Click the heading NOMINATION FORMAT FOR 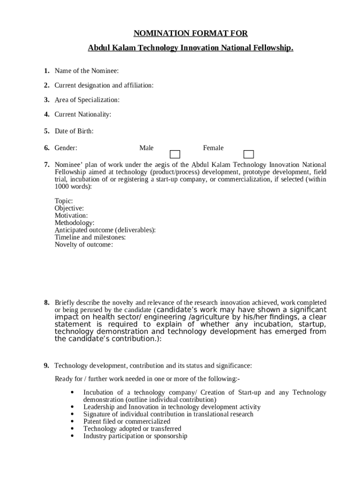[190, 33]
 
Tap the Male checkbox [174, 154]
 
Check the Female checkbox [249, 154]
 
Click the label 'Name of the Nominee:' [86, 71]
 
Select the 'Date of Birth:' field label [74, 131]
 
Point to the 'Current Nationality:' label [83, 114]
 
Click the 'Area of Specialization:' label [87, 100]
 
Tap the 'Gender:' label [66, 148]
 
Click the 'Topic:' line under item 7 [64, 201]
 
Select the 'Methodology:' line [74, 223]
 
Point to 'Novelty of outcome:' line [84, 245]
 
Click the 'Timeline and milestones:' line [90, 237]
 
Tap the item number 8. [47, 303]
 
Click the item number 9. [47, 365]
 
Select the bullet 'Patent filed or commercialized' [127, 421]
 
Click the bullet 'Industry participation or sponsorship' [135, 436]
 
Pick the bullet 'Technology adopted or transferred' [132, 428]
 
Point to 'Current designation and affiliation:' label [104, 85]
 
